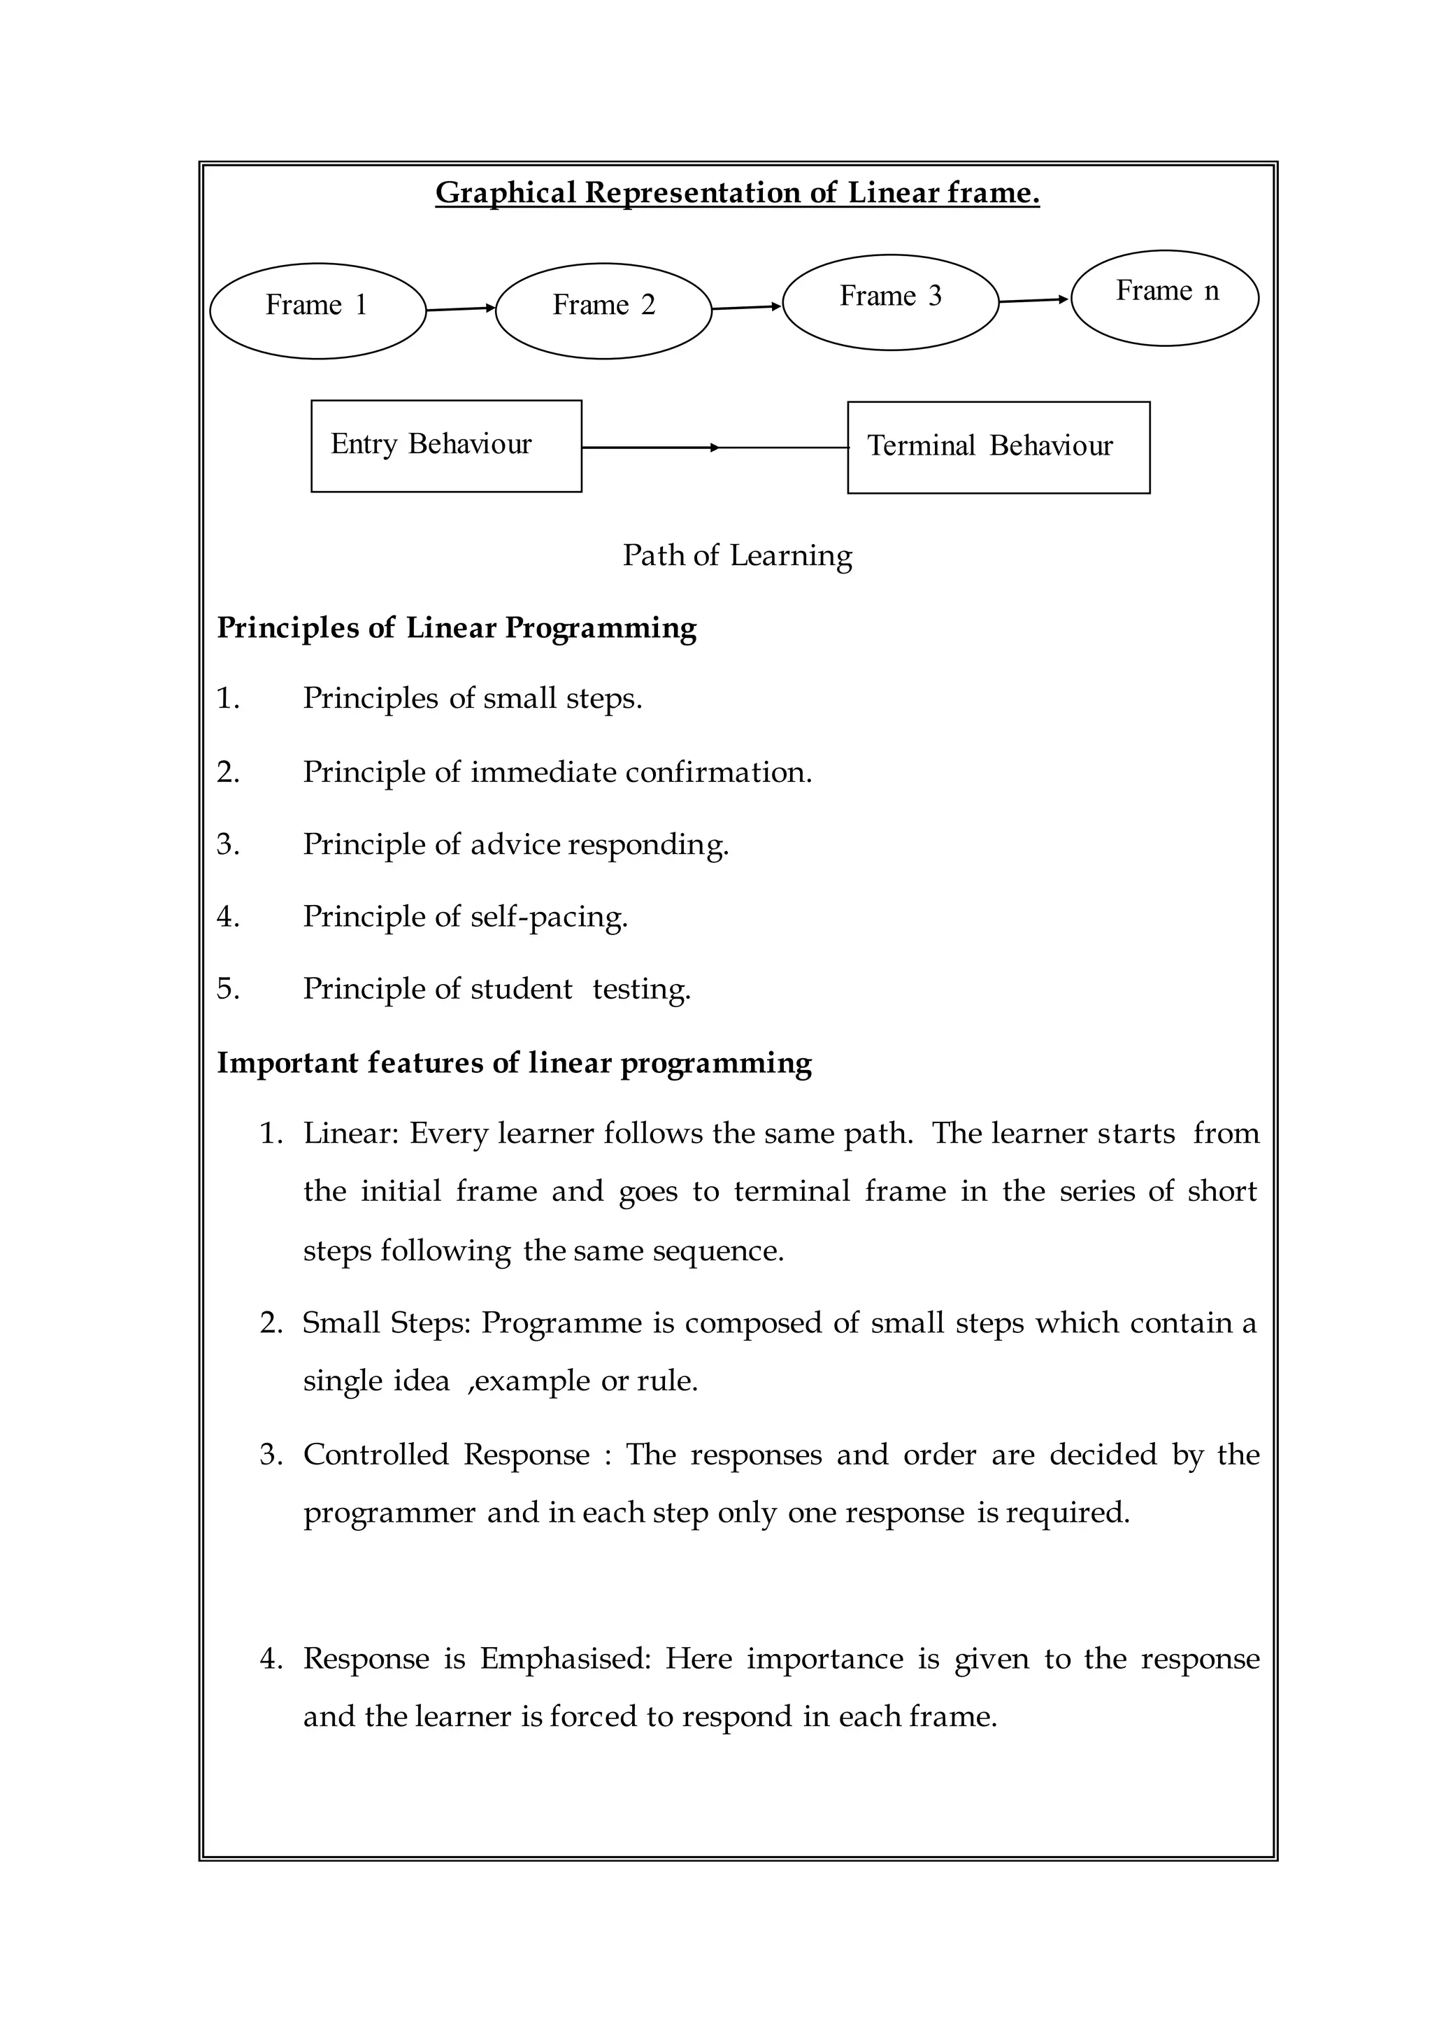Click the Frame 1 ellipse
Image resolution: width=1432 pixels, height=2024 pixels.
point(317,311)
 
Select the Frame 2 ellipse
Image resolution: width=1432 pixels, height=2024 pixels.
point(603,311)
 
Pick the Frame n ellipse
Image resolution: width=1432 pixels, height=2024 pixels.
point(1165,297)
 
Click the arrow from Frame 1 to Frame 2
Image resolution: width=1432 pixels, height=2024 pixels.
point(460,308)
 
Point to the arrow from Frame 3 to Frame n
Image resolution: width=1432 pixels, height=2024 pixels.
point(1033,301)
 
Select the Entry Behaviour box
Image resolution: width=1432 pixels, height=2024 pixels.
point(446,446)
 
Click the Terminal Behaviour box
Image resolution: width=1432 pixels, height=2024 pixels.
point(998,447)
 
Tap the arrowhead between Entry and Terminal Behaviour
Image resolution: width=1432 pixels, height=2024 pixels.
point(714,448)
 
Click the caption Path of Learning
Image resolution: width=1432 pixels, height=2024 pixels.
point(737,555)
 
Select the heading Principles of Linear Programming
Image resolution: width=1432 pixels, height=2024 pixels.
point(457,628)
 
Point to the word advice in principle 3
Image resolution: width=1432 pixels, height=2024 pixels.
point(515,844)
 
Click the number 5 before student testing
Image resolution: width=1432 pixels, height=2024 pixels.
point(227,989)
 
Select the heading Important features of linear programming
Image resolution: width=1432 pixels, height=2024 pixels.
point(514,1063)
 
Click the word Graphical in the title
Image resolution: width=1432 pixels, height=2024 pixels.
point(506,192)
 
